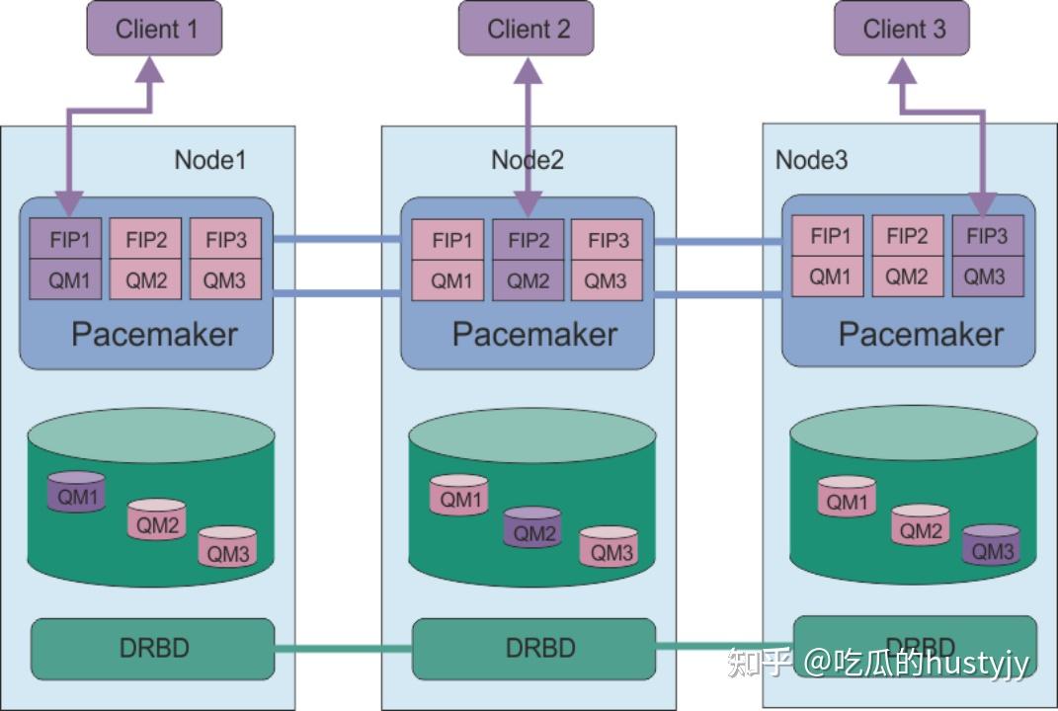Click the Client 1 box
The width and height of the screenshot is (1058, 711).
coord(154,29)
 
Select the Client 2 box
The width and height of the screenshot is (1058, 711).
coord(528,29)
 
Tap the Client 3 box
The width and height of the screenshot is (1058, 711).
coord(903,29)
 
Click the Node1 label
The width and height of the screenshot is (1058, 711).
coord(209,159)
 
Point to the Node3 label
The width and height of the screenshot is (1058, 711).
coord(811,159)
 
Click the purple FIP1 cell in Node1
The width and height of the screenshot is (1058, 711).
coord(65,240)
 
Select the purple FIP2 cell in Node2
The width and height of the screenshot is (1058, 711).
coord(529,240)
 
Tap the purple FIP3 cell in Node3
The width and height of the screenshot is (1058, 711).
coord(987,236)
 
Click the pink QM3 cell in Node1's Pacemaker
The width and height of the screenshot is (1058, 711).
coord(224,280)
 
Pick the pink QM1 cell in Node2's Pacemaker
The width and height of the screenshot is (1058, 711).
coord(451,280)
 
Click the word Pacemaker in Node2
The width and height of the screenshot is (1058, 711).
coord(533,334)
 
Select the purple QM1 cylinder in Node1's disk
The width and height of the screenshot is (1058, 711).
coord(77,493)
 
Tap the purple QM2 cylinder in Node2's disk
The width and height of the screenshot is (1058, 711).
coord(533,529)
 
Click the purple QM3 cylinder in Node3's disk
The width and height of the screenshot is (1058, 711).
coord(992,546)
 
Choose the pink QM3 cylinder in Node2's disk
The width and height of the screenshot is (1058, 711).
coord(609,547)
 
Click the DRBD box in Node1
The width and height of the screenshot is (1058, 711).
coord(153,648)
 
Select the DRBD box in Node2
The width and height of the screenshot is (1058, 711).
coord(533,648)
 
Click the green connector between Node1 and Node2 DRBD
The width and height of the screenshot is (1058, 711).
coord(342,649)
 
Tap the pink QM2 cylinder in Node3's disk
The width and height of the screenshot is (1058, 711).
coord(921,526)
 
